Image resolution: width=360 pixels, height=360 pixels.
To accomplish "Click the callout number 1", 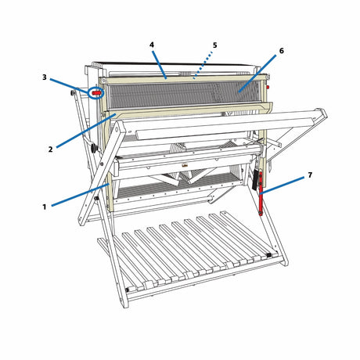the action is tap(45, 207).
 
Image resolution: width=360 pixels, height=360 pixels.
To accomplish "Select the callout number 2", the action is tap(50, 149).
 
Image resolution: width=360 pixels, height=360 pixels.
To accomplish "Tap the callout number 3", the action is tap(45, 77).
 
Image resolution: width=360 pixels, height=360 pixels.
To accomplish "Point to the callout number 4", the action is tap(152, 45).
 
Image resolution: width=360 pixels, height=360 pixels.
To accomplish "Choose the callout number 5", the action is tap(214, 45).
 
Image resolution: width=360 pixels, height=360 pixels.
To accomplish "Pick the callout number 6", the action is tap(281, 51).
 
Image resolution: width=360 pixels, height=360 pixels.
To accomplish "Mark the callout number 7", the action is tap(310, 175).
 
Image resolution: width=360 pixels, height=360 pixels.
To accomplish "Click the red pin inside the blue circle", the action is tap(96, 93).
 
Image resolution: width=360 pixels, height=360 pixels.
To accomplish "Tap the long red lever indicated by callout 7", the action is tap(261, 193).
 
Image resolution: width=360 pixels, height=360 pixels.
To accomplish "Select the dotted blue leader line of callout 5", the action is tap(203, 65).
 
